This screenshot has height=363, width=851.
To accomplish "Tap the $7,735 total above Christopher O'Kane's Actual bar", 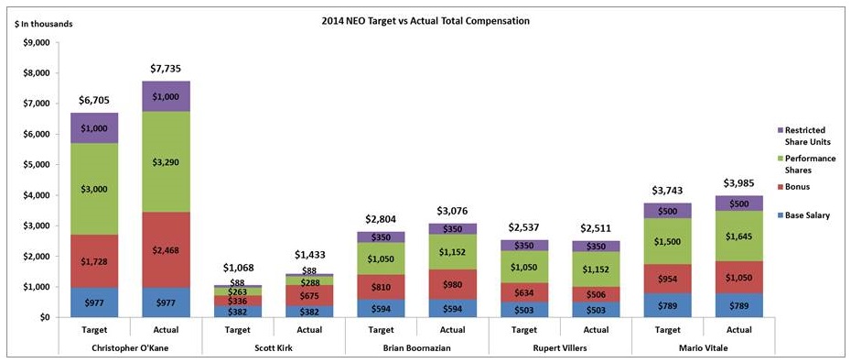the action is point(166,69).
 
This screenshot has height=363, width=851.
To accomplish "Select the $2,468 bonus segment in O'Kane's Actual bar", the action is point(166,250).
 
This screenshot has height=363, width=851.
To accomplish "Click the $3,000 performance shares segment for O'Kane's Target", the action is point(94,189).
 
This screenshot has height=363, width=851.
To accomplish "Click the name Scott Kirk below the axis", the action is point(274,347).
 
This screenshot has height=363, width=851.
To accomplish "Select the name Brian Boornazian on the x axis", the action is point(417,347).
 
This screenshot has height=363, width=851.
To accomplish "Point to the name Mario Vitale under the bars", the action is point(704,347).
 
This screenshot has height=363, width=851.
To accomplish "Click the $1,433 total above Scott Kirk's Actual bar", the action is point(310,254).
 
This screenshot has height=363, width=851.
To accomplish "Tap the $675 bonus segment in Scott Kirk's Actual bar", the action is point(310,295).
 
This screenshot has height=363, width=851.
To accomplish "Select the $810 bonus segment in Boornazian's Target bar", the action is point(381,286).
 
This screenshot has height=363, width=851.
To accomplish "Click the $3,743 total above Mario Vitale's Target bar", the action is point(668,191).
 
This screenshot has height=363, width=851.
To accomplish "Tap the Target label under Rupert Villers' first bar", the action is point(524,330).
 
